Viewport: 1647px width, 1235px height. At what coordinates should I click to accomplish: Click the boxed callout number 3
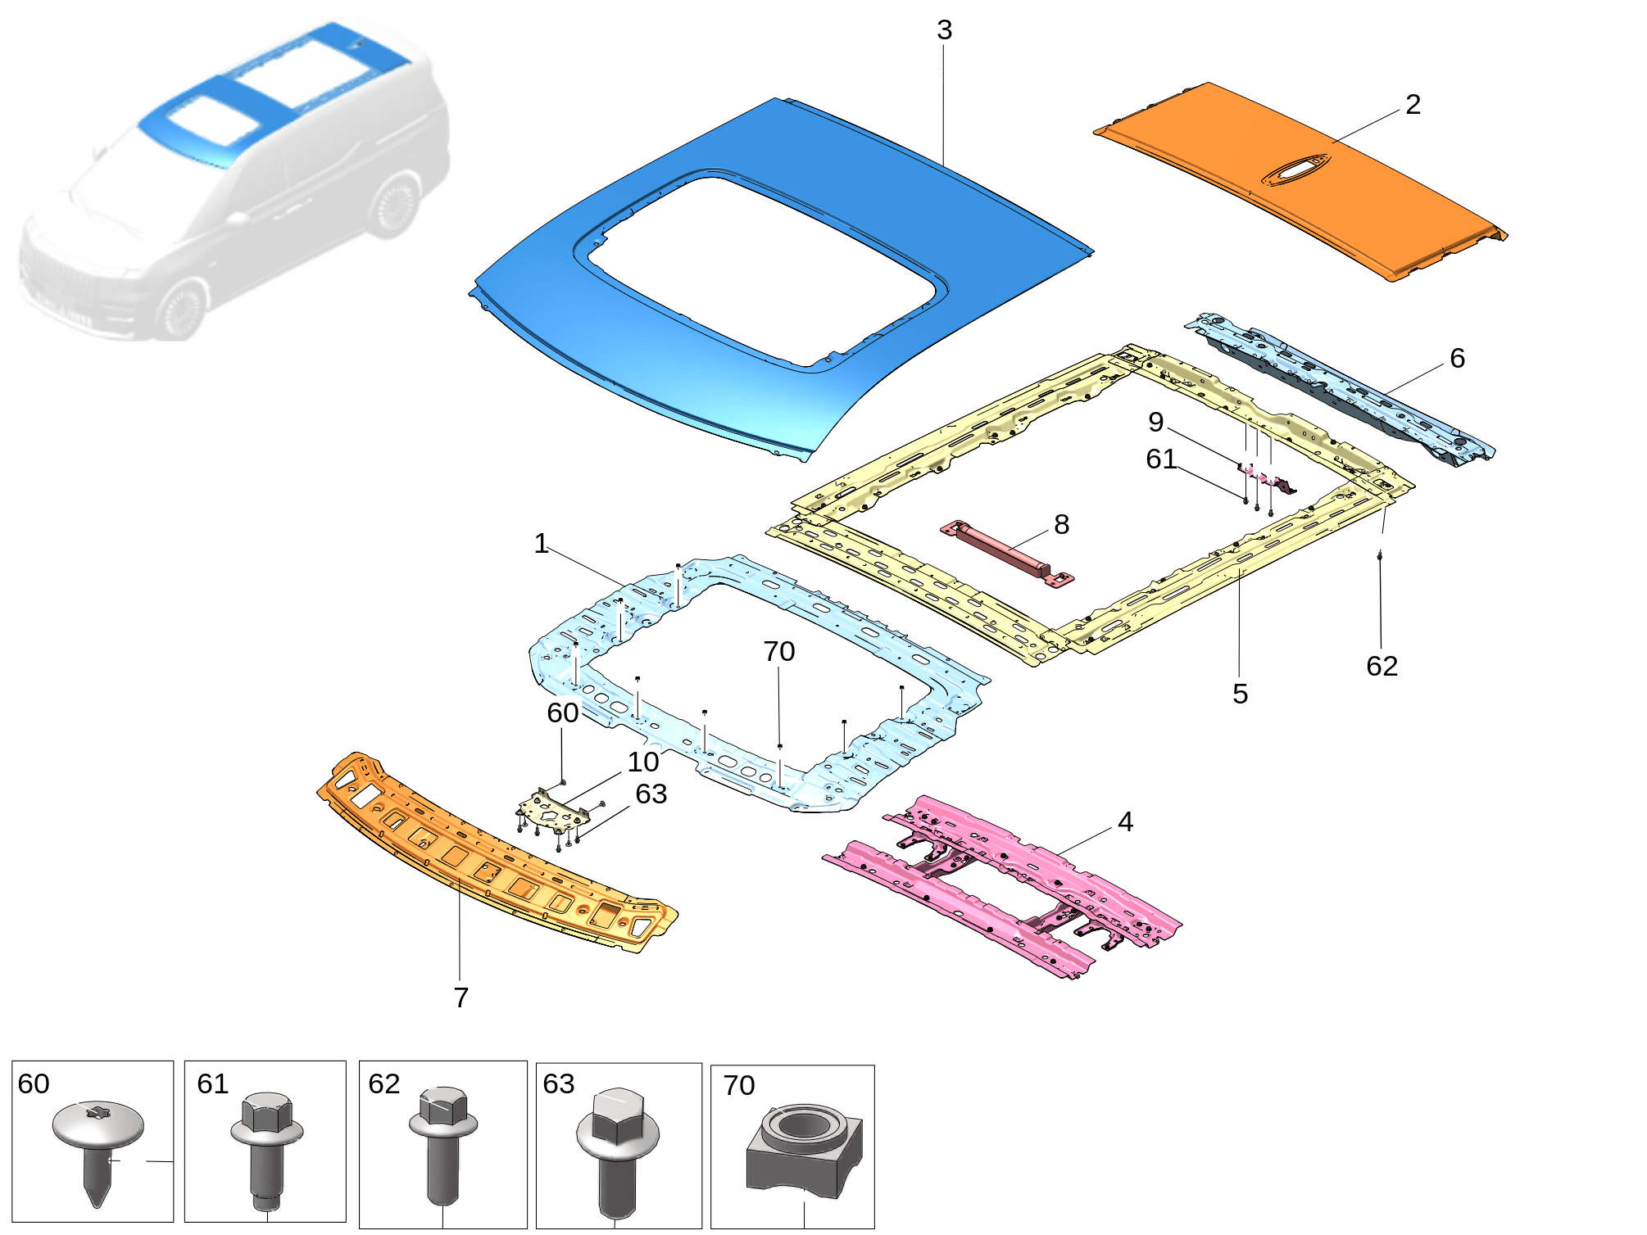(944, 30)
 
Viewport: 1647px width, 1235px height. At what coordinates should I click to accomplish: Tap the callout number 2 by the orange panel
(1413, 105)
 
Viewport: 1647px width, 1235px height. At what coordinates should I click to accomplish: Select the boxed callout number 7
(461, 997)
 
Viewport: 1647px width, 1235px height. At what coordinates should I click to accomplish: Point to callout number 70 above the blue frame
(778, 652)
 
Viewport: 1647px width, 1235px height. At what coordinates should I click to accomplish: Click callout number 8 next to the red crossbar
(1061, 524)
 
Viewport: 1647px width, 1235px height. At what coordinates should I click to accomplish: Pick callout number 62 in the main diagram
(1382, 666)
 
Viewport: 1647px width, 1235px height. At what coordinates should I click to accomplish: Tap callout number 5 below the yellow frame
(1240, 694)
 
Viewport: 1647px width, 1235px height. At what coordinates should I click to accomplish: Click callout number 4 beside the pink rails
(1125, 821)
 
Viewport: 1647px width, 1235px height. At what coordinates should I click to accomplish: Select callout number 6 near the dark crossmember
(1457, 358)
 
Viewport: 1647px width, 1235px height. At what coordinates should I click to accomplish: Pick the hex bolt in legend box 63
(617, 1147)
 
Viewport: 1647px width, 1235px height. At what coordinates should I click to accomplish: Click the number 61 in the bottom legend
(212, 1084)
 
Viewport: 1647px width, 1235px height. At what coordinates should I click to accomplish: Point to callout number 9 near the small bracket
(1155, 422)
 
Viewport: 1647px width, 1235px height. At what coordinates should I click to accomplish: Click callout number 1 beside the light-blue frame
(541, 544)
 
